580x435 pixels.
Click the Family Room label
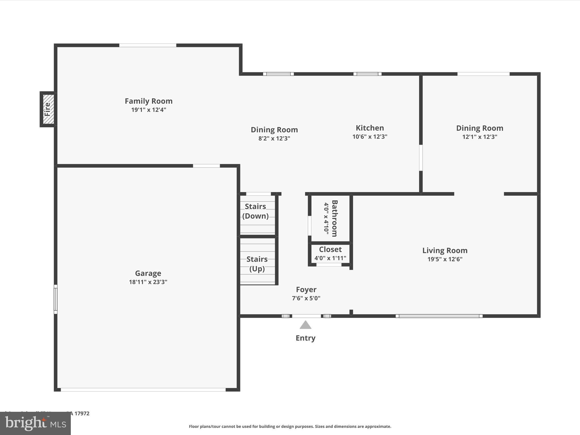[148, 101]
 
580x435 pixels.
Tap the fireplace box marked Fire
[48, 109]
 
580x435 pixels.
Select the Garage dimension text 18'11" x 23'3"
[148, 282]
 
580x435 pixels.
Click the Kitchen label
[370, 128]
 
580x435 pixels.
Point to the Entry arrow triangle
[305, 325]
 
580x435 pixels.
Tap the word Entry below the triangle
[305, 338]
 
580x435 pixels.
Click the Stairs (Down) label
[255, 211]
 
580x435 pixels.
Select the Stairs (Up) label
[257, 264]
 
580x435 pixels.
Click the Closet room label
[330, 250]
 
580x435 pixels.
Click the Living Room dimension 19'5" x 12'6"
[445, 259]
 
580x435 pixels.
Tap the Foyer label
[306, 289]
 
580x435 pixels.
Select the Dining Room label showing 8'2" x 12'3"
[274, 130]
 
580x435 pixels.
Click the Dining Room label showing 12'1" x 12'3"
[479, 128]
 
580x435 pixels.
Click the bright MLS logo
[35, 423]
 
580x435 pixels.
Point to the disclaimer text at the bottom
[290, 427]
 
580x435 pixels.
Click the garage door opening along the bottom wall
[143, 390]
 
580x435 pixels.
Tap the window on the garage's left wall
[56, 299]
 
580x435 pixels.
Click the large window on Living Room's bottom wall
[439, 316]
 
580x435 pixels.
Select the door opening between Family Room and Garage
[206, 166]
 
